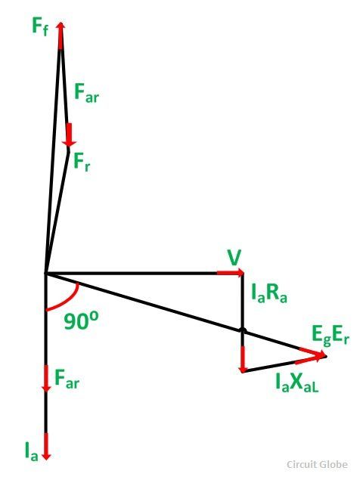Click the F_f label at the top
pyautogui.click(x=40, y=26)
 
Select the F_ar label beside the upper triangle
pyautogui.click(x=87, y=93)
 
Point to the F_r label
pyautogui.click(x=82, y=162)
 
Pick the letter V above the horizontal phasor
pyautogui.click(x=234, y=259)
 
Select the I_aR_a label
pyautogui.click(x=269, y=293)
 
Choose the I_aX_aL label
pyautogui.click(x=297, y=382)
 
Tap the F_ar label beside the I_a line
pyautogui.click(x=67, y=379)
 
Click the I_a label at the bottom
pyautogui.click(x=32, y=452)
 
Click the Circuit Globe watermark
pyautogui.click(x=317, y=464)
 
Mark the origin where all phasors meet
pyautogui.click(x=45, y=273)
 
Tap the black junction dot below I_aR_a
pyautogui.click(x=243, y=330)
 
